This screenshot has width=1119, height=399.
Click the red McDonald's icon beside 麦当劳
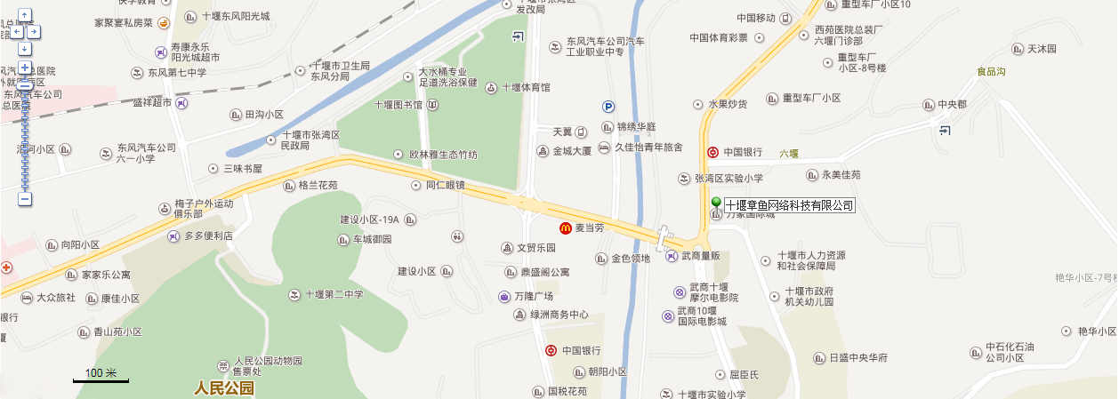565,228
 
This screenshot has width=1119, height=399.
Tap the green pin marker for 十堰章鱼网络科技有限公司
716,204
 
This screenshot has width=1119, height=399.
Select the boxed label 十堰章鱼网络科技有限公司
790,206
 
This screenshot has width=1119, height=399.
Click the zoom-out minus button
25,200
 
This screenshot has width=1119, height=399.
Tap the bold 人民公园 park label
224,388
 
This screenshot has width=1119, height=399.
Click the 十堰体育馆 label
526,87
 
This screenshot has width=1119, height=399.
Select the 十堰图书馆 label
398,105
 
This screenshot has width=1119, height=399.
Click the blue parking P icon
609,106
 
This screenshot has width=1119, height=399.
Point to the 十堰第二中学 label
334,295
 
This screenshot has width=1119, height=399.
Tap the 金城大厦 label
572,151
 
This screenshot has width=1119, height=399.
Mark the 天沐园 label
1042,49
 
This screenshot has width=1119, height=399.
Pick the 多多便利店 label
208,236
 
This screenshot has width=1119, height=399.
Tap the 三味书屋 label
242,168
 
